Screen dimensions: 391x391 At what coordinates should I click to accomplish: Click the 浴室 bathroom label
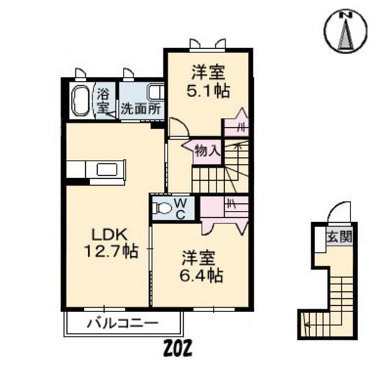(103, 101)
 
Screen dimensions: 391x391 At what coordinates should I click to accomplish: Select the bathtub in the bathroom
(80, 101)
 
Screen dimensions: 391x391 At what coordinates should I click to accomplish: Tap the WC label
(179, 208)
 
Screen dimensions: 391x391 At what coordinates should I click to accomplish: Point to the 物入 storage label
(207, 150)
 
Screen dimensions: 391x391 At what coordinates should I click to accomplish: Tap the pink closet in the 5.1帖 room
(234, 128)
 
